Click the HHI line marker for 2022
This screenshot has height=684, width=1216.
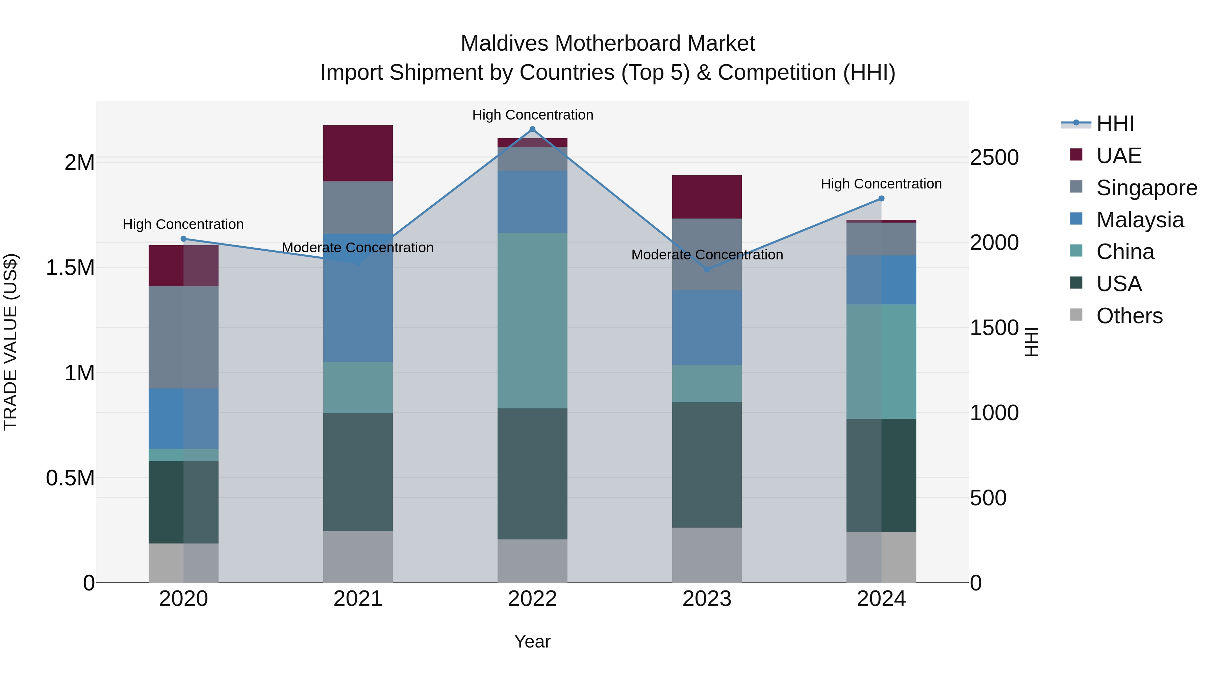tap(532, 129)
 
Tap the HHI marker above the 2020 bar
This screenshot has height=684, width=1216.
tap(184, 239)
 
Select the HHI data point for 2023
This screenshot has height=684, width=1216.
tap(707, 270)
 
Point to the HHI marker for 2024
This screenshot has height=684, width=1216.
tap(881, 199)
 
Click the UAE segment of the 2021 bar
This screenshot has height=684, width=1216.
tap(358, 153)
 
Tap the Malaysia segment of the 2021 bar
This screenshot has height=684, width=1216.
tap(358, 297)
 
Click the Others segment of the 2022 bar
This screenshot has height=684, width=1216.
tap(532, 560)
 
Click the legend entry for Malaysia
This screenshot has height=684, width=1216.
tap(1140, 220)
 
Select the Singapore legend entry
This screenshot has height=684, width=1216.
tap(1146, 188)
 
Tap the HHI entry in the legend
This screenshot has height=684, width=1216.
tap(1115, 124)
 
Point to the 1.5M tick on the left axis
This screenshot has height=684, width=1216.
tap(70, 268)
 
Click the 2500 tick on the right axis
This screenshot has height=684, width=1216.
tap(994, 158)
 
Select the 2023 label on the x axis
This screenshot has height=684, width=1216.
tap(707, 599)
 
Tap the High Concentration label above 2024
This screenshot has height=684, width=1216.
tap(881, 184)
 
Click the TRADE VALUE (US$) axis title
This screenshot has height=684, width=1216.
tap(10, 342)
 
